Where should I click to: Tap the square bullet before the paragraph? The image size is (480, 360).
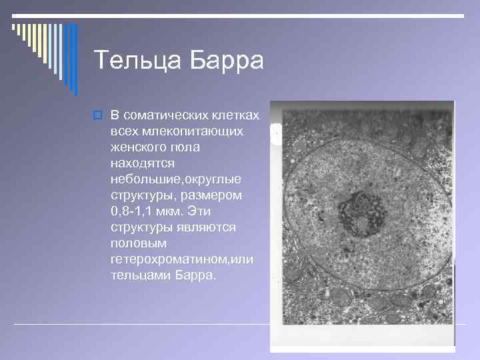[x=97, y=115]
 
